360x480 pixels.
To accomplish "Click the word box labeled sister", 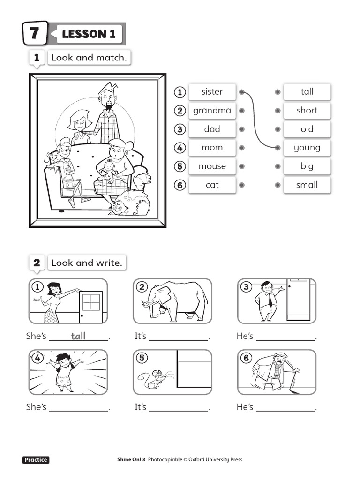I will click(212, 92).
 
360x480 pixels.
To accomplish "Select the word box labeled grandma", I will click(212, 111).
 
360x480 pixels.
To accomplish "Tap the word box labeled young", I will click(307, 148).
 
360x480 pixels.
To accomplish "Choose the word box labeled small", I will click(307, 185).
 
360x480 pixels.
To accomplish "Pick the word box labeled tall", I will click(307, 92).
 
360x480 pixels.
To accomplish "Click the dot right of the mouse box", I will click(241, 166).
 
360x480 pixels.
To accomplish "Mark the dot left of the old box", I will click(278, 129).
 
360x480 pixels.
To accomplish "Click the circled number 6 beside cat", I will click(179, 185).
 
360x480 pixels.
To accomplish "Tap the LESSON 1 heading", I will click(88, 34).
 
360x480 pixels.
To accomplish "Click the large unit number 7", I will click(35, 34).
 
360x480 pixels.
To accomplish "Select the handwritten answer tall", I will click(78, 336).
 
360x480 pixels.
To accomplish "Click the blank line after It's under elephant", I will click(179, 337).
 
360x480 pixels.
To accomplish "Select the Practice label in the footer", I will click(36, 460).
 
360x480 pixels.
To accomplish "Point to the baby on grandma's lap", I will click(110, 171).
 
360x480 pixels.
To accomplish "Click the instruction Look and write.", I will click(86, 263).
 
